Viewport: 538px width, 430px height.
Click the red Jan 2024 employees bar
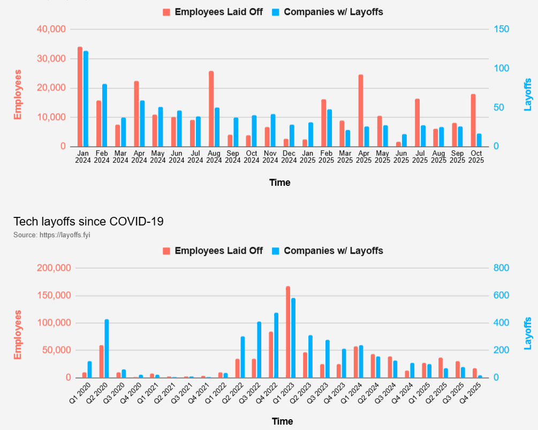click(x=80, y=96)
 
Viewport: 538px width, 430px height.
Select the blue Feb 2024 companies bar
click(x=104, y=115)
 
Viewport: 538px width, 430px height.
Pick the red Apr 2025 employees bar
click(x=361, y=110)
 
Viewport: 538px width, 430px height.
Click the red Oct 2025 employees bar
click(x=473, y=120)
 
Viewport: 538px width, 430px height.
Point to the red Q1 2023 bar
click(x=288, y=332)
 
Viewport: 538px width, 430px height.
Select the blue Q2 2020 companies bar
click(x=107, y=349)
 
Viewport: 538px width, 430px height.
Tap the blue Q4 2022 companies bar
click(x=276, y=345)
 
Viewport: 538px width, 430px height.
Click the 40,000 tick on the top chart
click(x=51, y=29)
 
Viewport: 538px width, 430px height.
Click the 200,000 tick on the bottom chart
click(x=51, y=268)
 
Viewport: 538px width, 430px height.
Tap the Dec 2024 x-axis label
click(x=289, y=156)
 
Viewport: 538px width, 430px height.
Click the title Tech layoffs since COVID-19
click(x=88, y=221)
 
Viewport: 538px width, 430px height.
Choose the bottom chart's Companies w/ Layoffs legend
click(x=333, y=251)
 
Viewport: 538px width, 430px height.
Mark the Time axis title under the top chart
click(x=279, y=183)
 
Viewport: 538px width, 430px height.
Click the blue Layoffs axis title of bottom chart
click(x=528, y=333)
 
